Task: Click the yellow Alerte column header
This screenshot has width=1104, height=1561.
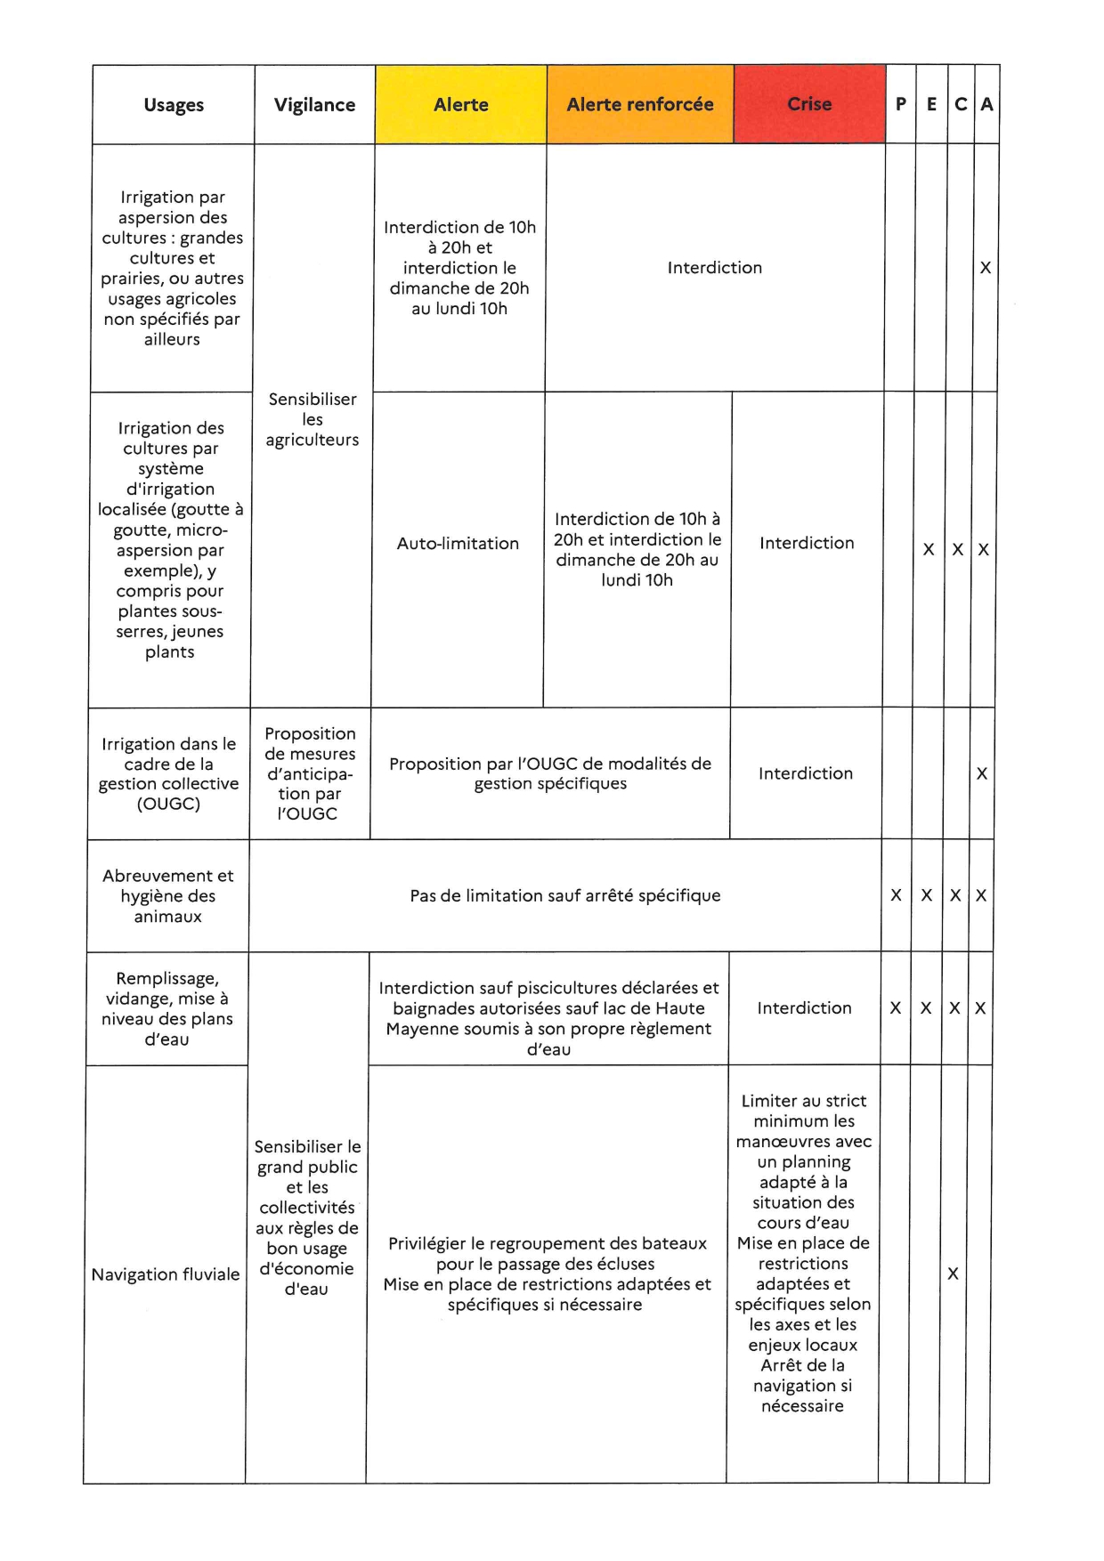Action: (461, 105)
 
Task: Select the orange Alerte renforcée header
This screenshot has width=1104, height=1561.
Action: (640, 105)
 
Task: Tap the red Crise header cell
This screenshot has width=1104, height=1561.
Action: (809, 104)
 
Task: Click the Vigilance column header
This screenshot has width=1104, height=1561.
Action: (314, 105)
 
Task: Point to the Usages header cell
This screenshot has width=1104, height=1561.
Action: (174, 105)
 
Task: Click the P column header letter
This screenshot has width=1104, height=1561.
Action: (901, 104)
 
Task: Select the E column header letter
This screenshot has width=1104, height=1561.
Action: (931, 104)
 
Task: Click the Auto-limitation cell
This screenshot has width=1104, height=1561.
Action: (458, 544)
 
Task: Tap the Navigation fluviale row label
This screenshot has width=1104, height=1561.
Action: (166, 1274)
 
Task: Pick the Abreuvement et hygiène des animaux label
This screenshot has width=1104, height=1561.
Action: (168, 896)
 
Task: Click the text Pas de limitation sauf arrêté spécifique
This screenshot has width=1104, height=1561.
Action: (565, 896)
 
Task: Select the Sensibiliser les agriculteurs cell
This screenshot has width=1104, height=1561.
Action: (313, 419)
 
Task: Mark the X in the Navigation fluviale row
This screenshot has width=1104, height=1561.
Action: (953, 1274)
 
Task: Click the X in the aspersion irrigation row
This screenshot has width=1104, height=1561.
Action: (986, 268)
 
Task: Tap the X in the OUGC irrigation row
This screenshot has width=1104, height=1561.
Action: (982, 774)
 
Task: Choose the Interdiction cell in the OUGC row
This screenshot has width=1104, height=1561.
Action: (806, 774)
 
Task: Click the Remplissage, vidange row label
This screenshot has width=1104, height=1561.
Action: (167, 1009)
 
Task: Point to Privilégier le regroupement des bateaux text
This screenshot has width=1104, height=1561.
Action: (548, 1244)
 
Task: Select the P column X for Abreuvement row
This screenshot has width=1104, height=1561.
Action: (897, 896)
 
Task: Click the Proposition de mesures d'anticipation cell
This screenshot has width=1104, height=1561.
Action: (309, 773)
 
